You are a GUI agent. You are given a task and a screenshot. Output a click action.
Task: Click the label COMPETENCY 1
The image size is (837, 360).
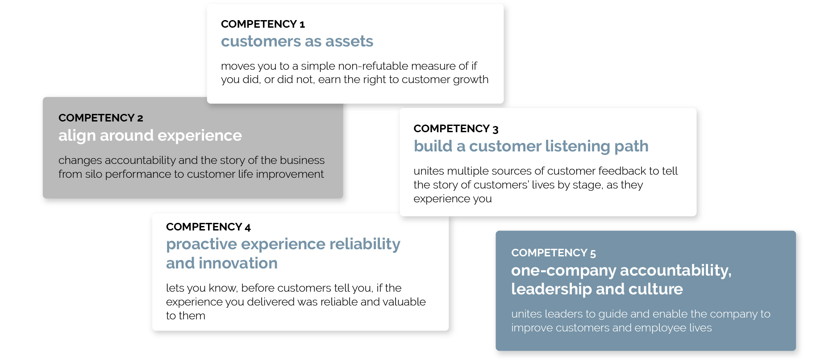[x=262, y=24]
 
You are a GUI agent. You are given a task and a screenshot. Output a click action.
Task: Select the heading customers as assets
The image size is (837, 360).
[x=297, y=42]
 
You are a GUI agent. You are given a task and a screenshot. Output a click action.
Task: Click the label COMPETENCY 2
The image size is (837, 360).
[x=100, y=118]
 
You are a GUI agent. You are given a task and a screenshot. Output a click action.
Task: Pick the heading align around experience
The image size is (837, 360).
[x=150, y=135]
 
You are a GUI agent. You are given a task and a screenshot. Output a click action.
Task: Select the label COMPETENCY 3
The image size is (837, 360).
[x=455, y=129]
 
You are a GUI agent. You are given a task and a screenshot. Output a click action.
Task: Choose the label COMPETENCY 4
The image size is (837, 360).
[x=208, y=227]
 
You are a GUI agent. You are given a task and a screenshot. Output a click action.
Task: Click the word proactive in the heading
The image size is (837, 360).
[x=201, y=244]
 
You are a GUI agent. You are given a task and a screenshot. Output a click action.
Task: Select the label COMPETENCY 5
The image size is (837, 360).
[x=553, y=253]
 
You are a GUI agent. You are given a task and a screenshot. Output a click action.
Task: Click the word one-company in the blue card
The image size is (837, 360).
[x=563, y=271]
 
